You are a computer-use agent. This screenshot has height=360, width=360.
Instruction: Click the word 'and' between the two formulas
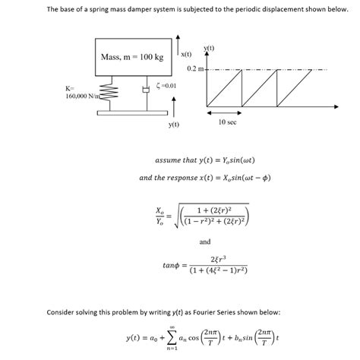click(x=204, y=242)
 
